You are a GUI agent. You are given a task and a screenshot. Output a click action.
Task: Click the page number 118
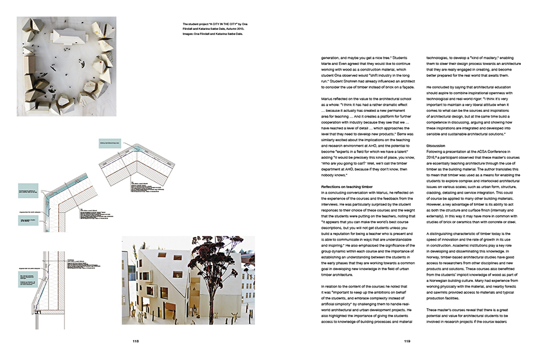coord(136,341)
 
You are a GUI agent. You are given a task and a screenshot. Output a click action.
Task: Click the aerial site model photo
coord(67,66)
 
